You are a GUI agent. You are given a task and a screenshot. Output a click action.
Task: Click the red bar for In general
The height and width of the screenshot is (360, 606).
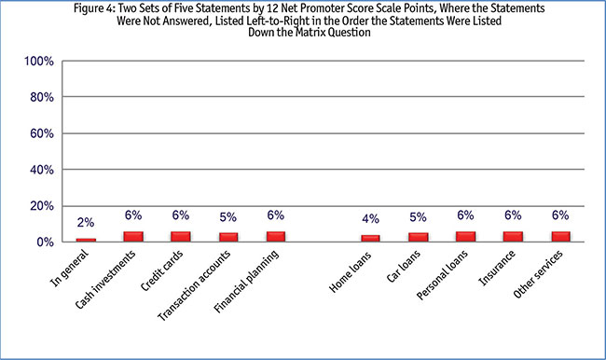point(86,240)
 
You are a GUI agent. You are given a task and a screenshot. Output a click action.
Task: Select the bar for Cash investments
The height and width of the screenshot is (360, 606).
point(134,237)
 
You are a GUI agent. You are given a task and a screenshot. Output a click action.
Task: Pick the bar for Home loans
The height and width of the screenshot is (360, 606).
point(371,239)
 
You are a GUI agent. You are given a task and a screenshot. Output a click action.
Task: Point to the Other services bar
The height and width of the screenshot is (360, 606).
point(560,237)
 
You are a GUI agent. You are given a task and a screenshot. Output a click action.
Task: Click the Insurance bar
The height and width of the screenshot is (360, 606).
point(513,237)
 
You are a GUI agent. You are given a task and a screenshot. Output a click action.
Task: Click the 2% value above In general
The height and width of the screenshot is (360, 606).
point(86,222)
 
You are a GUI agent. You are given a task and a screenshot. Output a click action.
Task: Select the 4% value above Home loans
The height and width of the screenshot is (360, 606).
point(371,219)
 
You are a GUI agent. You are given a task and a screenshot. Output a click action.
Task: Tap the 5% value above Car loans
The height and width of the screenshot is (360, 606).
point(418,217)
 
